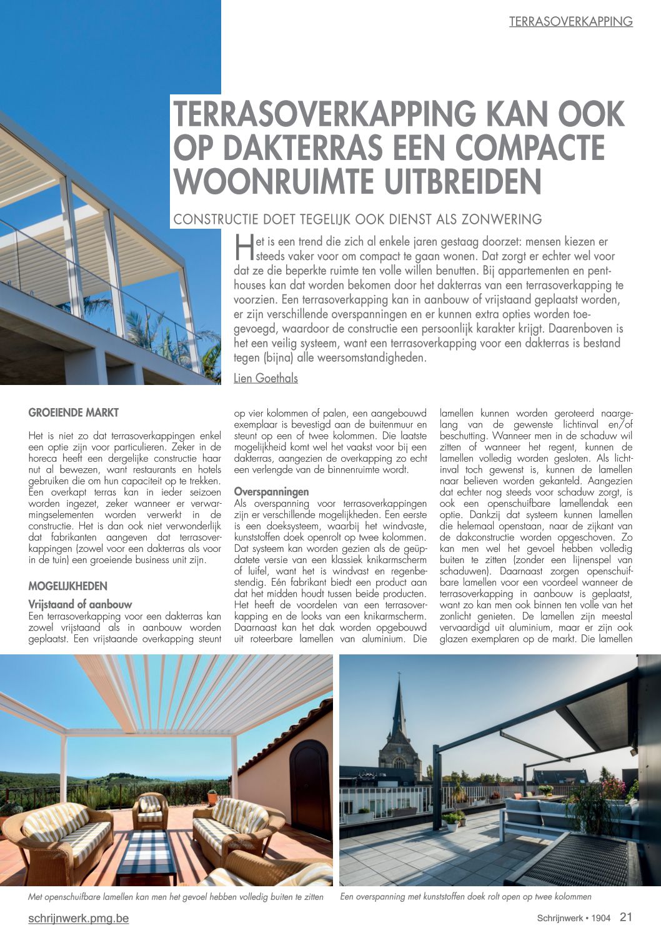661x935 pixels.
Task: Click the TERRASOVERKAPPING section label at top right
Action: pos(570,22)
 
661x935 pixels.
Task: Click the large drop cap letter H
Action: pos(242,248)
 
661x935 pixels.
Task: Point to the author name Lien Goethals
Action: pos(266,378)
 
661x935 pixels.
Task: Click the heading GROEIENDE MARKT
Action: pos(74,413)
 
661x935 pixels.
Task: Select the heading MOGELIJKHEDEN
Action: pos(68,586)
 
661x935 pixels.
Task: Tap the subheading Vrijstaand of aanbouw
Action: pos(81,604)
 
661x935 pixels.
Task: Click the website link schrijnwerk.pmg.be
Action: pos(79,918)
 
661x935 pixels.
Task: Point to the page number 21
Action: pos(626,917)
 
